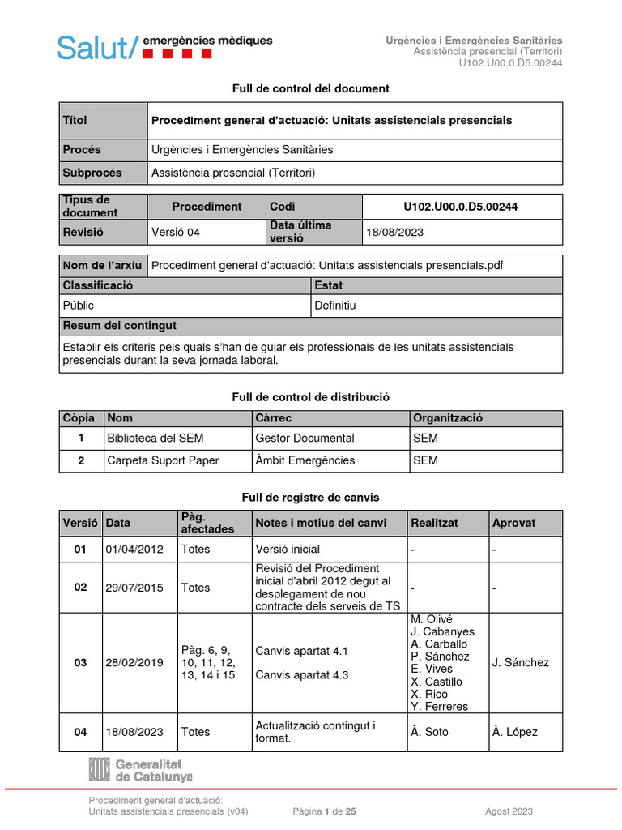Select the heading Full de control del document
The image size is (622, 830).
(x=310, y=88)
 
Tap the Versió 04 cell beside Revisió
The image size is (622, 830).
(x=176, y=232)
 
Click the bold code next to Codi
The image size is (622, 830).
(x=462, y=207)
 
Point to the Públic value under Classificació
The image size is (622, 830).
(x=79, y=306)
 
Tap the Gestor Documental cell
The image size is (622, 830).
(x=305, y=438)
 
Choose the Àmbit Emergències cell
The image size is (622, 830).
(x=305, y=460)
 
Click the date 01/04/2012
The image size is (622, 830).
(x=134, y=549)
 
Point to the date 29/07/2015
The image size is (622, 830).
(x=134, y=588)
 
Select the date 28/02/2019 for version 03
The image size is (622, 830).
(x=134, y=662)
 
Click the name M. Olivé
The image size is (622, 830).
(x=432, y=619)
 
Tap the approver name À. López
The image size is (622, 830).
(x=514, y=732)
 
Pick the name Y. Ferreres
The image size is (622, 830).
(x=439, y=706)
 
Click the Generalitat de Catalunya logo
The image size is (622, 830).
(x=140, y=770)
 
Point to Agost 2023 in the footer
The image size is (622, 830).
(x=509, y=811)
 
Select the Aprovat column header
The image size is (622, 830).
(x=513, y=523)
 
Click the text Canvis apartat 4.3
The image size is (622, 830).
(x=301, y=674)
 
